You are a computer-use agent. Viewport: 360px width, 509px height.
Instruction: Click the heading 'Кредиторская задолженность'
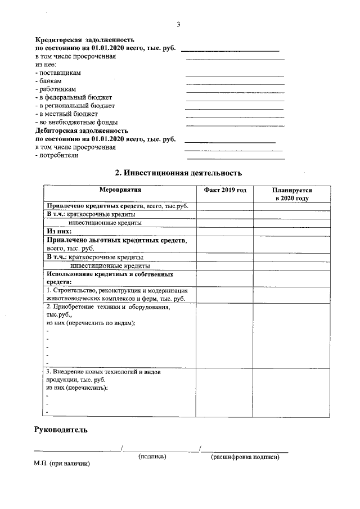84,40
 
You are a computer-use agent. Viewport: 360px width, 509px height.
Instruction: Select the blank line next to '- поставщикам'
235,75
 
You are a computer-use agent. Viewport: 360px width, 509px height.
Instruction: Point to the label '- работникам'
55,89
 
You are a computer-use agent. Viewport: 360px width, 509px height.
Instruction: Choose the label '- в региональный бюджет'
75,106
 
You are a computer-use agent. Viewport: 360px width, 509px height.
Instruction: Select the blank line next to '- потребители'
235,159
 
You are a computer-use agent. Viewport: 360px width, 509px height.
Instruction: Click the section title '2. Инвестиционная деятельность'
178,173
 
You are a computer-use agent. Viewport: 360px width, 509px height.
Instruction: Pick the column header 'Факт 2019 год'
225,191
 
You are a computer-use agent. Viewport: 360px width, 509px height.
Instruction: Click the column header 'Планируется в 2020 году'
291,195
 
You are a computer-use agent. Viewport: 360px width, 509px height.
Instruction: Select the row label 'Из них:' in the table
59,231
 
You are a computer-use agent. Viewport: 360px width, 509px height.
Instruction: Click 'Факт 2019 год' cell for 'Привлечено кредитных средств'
225,206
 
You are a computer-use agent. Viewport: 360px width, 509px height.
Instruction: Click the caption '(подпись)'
152,457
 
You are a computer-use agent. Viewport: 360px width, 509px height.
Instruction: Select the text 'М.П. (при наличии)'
62,465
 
